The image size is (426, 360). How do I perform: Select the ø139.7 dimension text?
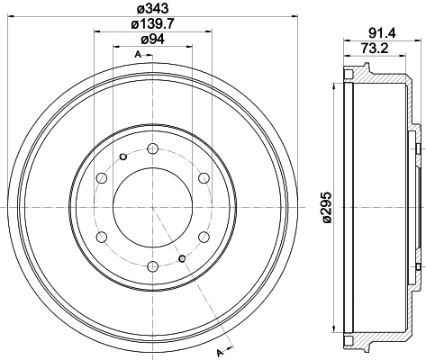[x=152, y=25]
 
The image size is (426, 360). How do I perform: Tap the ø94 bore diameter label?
[x=152, y=41]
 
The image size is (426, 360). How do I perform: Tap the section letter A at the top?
[x=137, y=56]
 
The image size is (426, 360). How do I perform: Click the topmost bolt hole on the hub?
[x=152, y=148]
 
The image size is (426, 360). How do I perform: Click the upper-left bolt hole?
[x=102, y=177]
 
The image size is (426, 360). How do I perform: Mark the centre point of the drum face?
[x=152, y=206]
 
